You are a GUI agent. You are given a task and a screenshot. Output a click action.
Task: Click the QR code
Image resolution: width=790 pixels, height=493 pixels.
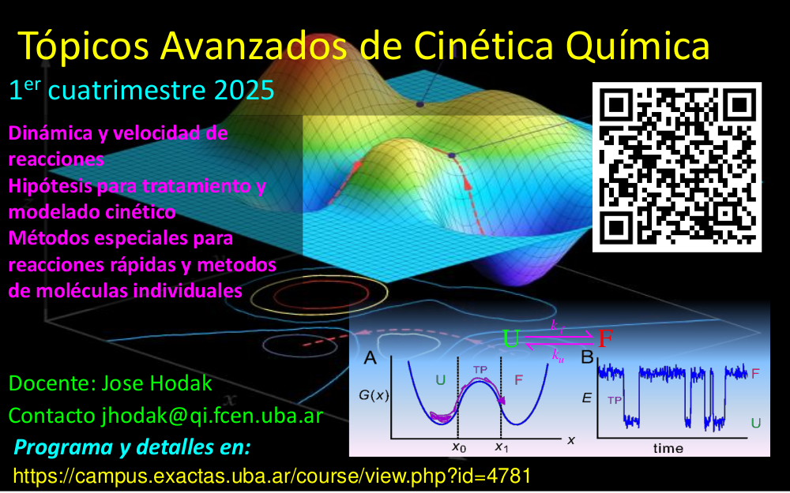(676, 166)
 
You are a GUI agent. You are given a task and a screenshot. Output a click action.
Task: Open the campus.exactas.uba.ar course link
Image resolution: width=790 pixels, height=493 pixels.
(271, 476)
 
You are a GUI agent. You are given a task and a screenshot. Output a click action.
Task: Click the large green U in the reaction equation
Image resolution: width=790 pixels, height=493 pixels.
(511, 339)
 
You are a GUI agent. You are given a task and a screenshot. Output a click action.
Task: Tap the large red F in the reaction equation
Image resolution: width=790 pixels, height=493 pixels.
(605, 339)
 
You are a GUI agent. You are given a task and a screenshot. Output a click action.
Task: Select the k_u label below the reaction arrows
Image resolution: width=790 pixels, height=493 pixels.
(558, 355)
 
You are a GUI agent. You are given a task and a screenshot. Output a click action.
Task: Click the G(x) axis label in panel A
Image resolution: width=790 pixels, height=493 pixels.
(373, 395)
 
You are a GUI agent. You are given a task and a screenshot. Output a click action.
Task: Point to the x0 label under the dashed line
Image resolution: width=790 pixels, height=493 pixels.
(458, 446)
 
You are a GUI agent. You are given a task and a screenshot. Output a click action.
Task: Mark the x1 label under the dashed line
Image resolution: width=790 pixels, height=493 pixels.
(501, 446)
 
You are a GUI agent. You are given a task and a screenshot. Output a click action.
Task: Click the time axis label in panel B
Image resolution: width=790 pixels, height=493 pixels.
(668, 448)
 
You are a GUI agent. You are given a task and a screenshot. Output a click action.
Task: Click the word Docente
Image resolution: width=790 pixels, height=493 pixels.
(51, 384)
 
